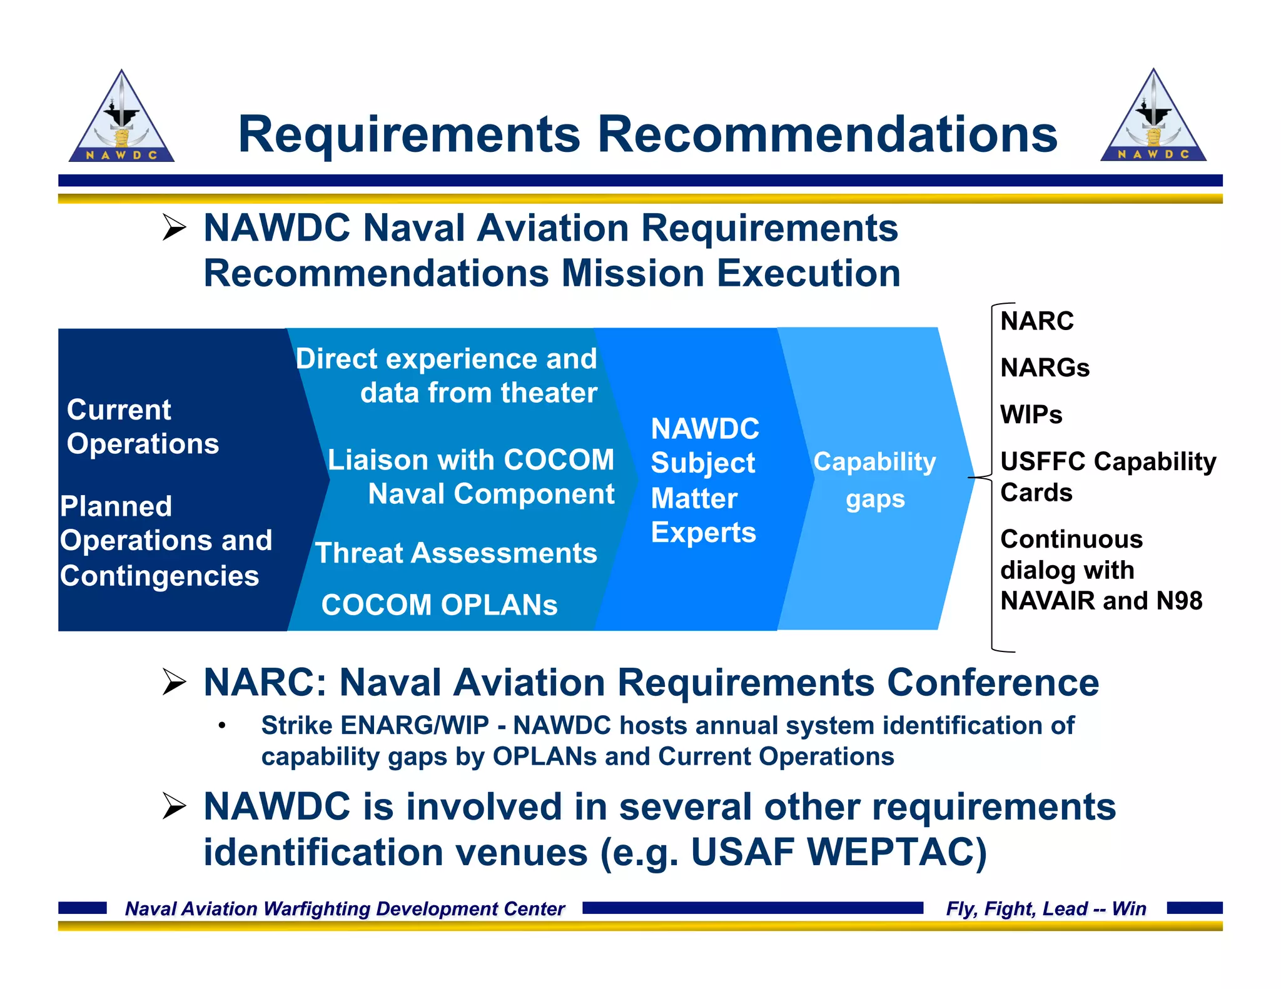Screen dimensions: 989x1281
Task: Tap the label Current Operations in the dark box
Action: [143, 426]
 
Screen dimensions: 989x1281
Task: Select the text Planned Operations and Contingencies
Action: [166, 540]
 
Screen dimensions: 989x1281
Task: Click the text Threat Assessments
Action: [456, 553]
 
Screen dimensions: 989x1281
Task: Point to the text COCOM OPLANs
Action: [439, 605]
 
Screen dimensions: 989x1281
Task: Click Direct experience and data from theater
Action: [447, 375]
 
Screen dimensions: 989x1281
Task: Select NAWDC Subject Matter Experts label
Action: [704, 480]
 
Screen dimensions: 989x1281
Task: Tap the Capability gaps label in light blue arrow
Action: [874, 479]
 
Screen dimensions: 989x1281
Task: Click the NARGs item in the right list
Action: [1045, 368]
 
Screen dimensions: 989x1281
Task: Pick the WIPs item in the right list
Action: [1031, 414]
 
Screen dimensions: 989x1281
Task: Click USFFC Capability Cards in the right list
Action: [1107, 476]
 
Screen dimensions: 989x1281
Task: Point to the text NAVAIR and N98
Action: [1101, 600]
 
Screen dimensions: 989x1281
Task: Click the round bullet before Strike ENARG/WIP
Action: [221, 726]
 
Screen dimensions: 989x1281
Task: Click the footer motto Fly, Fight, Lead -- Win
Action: [1045, 908]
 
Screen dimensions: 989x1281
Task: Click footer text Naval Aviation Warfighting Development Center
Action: [345, 908]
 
